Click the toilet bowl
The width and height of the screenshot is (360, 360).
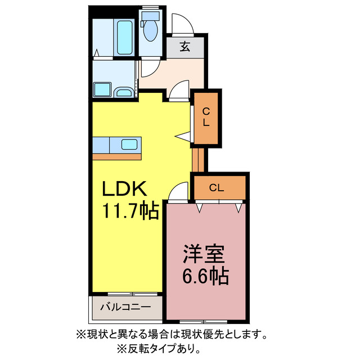point(150,33)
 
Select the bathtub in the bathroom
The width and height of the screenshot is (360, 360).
point(124,37)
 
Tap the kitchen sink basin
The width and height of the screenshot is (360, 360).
point(129,144)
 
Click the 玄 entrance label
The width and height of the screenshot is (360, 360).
point(184,47)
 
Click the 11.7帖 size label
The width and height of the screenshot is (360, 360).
point(129,211)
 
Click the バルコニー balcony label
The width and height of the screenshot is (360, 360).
point(125,308)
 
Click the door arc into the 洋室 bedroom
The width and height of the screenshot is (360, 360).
point(179,191)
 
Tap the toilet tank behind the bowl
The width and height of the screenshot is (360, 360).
point(150,16)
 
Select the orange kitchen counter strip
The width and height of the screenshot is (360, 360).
point(117,156)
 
